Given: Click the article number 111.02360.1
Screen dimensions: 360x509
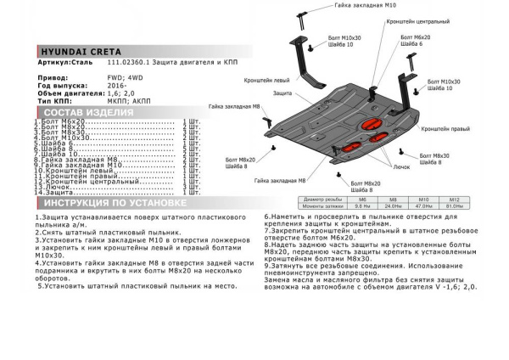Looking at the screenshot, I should [127, 63].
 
